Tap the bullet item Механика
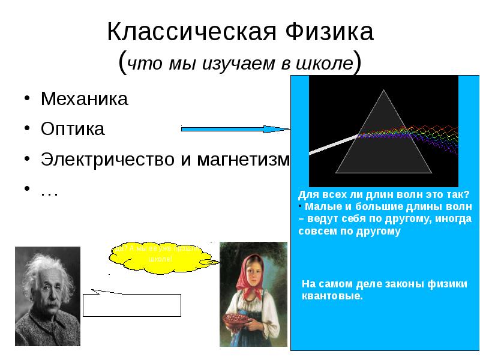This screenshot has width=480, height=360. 84,99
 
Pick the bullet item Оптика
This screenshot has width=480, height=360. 72,130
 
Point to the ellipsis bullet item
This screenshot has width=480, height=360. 49,191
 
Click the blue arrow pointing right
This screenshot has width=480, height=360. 234,128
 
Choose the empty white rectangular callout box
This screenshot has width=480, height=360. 132,305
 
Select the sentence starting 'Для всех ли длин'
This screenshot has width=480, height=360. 384,194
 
